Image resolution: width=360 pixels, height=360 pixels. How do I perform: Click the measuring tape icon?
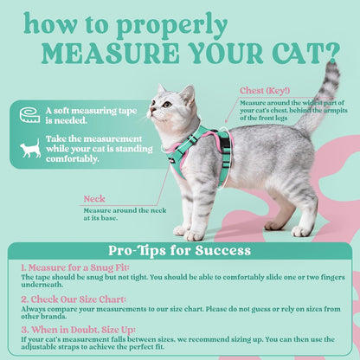pos(29,114)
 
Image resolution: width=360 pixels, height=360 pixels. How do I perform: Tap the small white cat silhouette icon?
pos(30,150)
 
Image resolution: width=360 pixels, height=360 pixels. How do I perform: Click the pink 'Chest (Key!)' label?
pos(265,90)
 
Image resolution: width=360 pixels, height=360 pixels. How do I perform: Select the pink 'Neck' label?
pos(95,198)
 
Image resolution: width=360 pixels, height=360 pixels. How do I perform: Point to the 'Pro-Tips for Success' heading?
pos(179,251)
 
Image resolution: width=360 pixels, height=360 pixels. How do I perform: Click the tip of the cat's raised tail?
pos(332,66)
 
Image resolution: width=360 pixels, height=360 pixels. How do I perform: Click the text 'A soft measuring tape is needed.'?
pos(80,114)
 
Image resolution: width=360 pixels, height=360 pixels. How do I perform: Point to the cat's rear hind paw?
pos(302,231)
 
